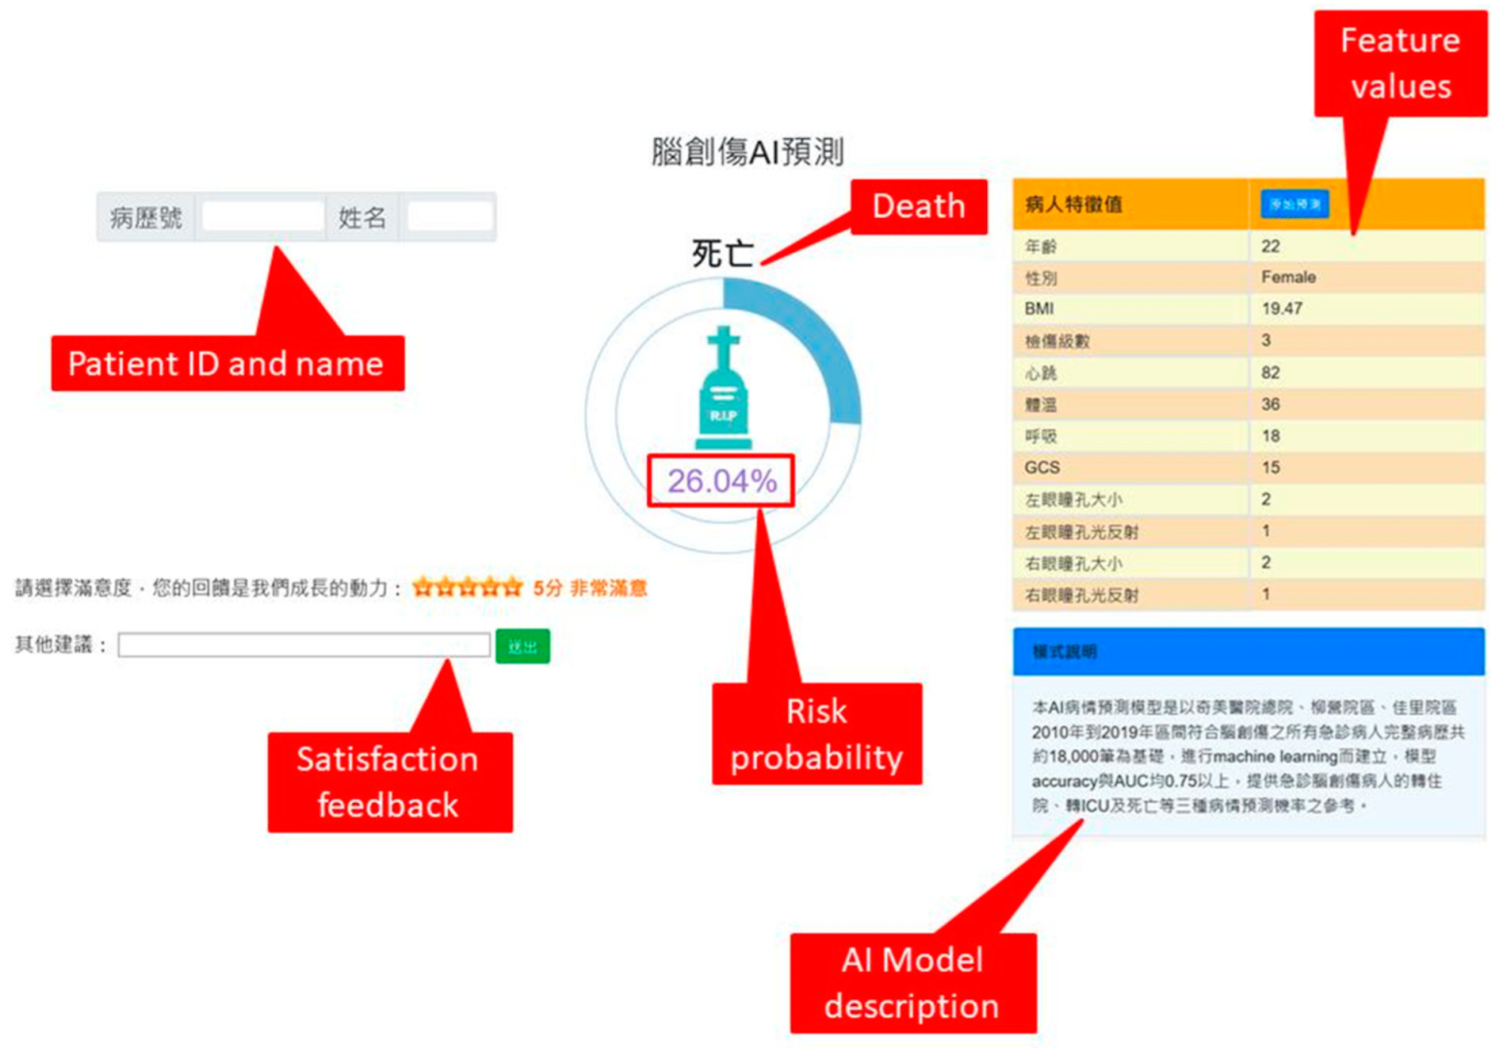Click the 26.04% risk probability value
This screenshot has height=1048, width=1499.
pos(721,480)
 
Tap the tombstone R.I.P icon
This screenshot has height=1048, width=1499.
pos(724,390)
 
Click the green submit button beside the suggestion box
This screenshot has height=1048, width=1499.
pos(523,647)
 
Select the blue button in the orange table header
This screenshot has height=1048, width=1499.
pos(1294,204)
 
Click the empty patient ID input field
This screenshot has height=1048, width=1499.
pos(262,217)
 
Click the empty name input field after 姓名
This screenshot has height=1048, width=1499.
pos(449,217)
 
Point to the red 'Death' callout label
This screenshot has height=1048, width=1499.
pos(918,206)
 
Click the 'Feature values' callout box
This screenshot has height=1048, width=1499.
pos(1399,63)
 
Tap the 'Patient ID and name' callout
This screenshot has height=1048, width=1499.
pos(227,364)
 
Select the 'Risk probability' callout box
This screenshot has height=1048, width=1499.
pos(817,734)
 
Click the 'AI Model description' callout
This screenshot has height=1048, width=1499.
pos(912,983)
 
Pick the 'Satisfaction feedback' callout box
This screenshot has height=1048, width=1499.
pos(389,782)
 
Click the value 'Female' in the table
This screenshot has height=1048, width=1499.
pos(1288,278)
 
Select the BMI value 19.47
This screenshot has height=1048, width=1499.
pos(1282,309)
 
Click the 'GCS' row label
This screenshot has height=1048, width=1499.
pos(1042,468)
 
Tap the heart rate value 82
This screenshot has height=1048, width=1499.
pos(1270,372)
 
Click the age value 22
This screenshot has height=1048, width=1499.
pos(1270,246)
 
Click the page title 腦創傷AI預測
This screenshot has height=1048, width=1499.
pos(748,151)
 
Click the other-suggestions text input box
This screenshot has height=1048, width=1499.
pos(303,646)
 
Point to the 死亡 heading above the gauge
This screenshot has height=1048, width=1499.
pos(722,254)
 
